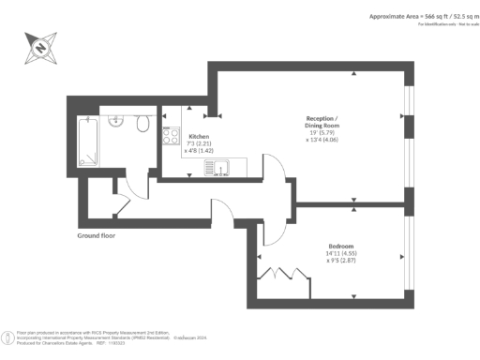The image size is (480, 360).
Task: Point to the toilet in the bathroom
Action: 141,125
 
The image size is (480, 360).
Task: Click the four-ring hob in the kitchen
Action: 172,136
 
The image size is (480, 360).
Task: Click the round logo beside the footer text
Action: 9,336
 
